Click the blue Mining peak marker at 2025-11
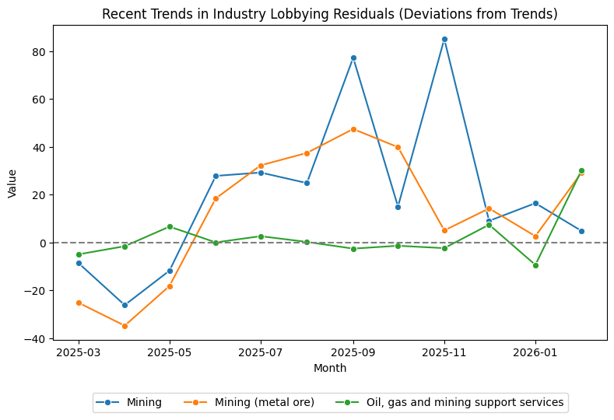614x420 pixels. point(444,39)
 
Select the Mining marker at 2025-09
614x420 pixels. point(353,58)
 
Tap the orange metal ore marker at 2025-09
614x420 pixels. point(353,129)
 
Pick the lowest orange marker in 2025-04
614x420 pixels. point(125,326)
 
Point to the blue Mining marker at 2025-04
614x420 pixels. point(125,305)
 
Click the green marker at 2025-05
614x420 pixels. point(170,226)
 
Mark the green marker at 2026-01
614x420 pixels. point(535,265)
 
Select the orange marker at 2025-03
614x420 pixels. point(79,303)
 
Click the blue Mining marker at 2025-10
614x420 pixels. point(398,207)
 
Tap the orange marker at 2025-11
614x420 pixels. point(444,230)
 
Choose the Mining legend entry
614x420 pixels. point(129,403)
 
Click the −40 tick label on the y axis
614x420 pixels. point(37,338)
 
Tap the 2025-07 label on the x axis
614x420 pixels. point(261,352)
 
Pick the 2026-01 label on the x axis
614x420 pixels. point(535,352)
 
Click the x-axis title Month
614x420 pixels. point(330,368)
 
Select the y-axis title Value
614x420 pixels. point(12,184)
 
